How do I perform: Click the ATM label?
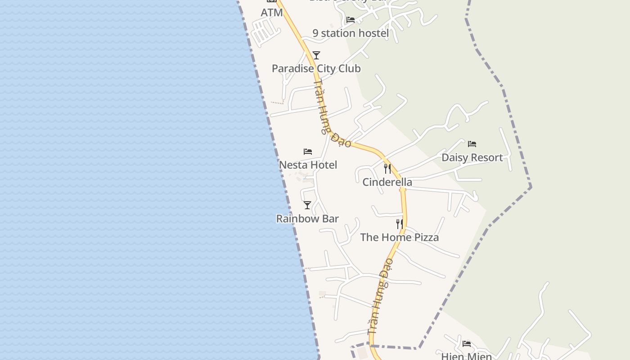272,13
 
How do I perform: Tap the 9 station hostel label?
351,33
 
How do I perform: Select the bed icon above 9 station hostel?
351,20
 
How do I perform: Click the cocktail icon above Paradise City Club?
316,55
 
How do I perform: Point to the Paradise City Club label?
316,68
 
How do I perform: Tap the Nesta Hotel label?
308,165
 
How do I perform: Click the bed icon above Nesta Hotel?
308,152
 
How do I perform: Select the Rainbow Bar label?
307,219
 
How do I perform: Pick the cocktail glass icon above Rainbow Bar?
307,205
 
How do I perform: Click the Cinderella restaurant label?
387,182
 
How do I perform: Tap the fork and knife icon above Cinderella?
387,169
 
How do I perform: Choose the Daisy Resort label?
472,157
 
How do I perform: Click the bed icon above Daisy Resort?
472,144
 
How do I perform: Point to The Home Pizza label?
399,237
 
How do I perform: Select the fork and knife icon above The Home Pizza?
399,224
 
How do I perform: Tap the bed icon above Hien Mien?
467,344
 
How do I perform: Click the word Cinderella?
387,182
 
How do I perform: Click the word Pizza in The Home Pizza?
424,237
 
